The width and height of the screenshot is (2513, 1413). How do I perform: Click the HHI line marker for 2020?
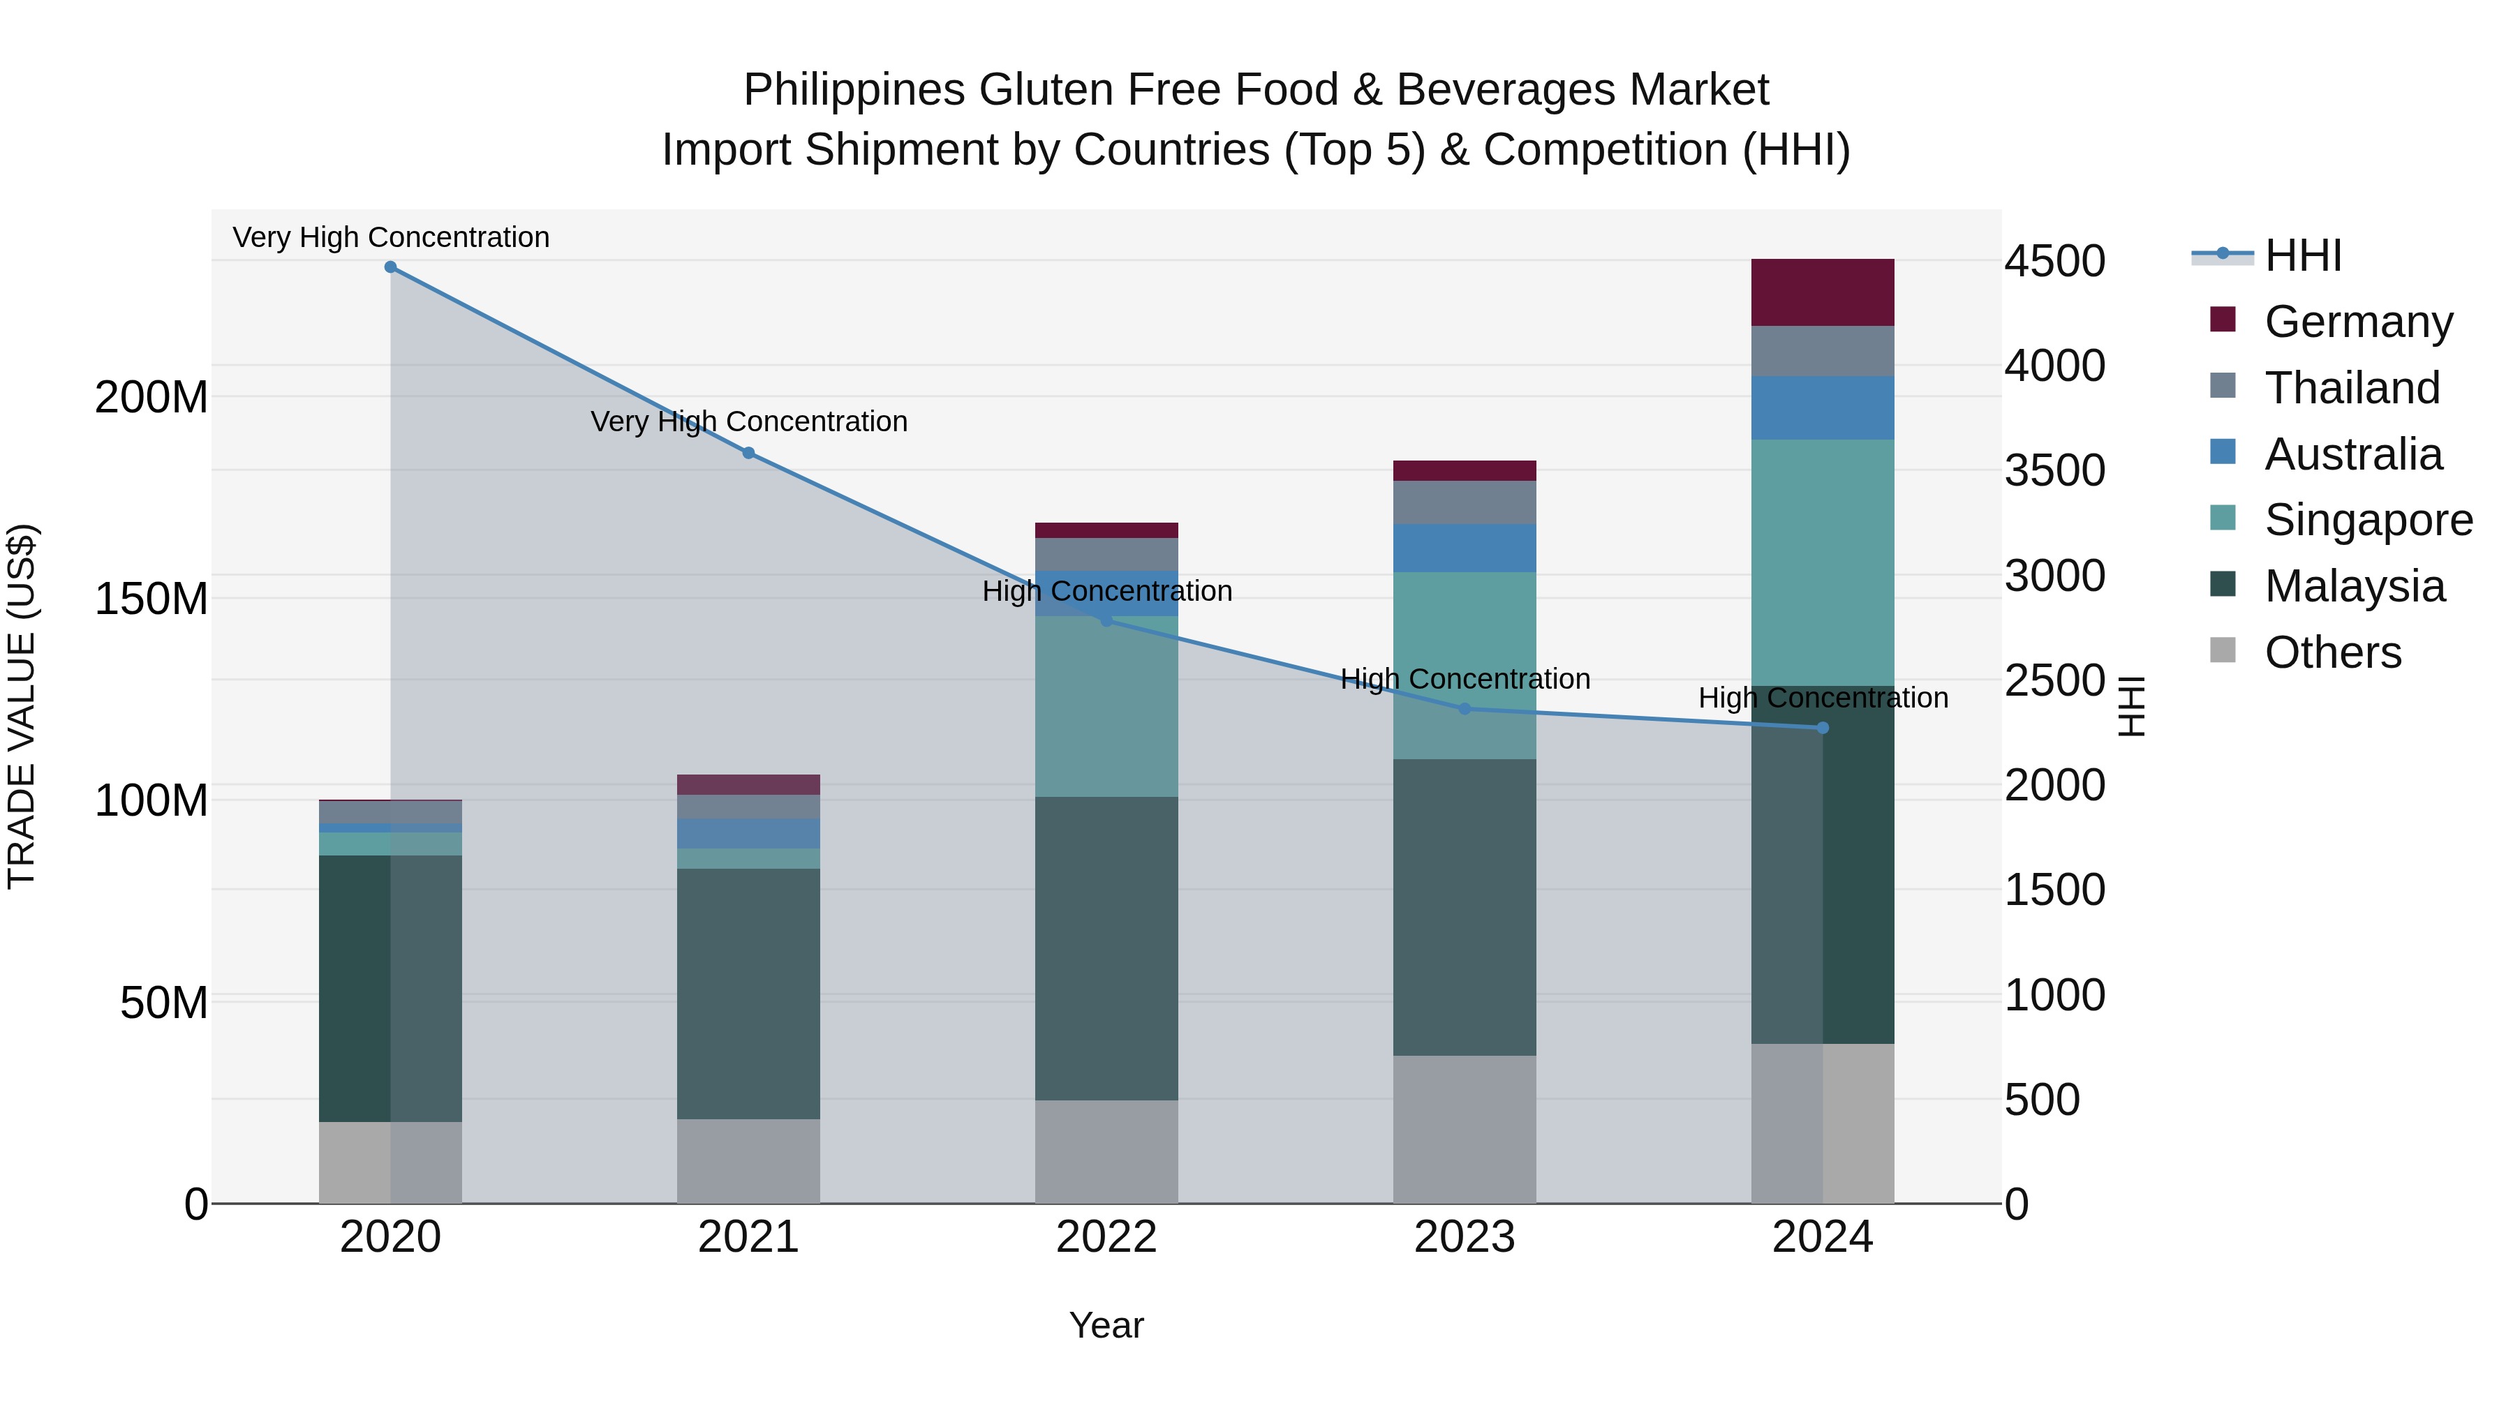[390, 267]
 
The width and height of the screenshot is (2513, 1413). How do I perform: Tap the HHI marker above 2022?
[1106, 621]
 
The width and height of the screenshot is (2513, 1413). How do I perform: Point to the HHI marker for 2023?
[1465, 709]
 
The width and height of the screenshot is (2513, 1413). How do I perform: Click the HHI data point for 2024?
[1823, 728]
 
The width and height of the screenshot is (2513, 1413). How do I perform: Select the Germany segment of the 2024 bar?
[1823, 292]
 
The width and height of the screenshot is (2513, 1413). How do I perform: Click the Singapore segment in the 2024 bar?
[1823, 562]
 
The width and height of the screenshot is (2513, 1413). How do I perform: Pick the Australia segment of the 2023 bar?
[1465, 548]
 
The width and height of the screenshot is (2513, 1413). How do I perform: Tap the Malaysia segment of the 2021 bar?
[748, 993]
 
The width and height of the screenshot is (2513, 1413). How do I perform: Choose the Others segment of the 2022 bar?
[1106, 1151]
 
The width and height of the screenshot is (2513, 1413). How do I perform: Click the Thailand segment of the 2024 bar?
[1823, 351]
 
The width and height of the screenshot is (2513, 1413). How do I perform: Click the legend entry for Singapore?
[2368, 520]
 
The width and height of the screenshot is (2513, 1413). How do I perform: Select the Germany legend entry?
[2358, 322]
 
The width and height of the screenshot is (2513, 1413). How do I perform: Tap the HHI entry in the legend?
[2302, 255]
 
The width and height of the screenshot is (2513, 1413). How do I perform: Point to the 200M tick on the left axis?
[151, 398]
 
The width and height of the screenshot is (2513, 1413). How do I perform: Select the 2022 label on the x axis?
[1106, 1237]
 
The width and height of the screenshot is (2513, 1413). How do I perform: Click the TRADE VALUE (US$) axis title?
[22, 706]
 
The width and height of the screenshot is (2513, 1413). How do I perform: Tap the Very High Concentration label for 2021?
[749, 421]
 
